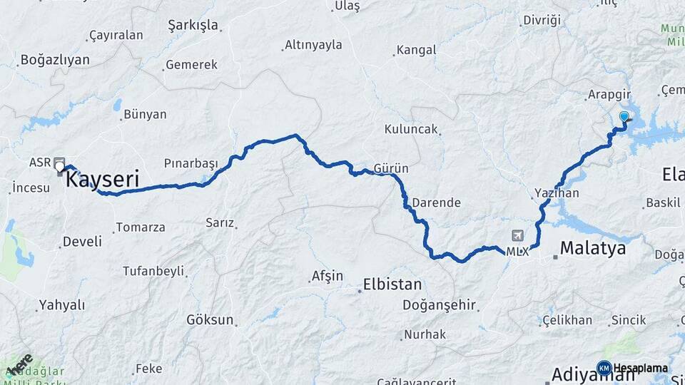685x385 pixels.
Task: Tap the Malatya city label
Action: coord(592,248)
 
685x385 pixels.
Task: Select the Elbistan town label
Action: coord(392,284)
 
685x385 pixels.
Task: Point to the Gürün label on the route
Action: coord(391,168)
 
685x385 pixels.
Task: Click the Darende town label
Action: coord(436,202)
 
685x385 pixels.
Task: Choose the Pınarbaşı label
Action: coord(191,163)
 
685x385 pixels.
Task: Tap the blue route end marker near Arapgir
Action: coord(624,118)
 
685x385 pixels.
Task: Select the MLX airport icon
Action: coord(517,236)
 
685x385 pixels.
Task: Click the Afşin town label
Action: coord(328,276)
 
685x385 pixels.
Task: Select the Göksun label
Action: coord(210,319)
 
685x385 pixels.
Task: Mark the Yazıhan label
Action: coord(554,193)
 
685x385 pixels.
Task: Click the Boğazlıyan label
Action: coord(56,60)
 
